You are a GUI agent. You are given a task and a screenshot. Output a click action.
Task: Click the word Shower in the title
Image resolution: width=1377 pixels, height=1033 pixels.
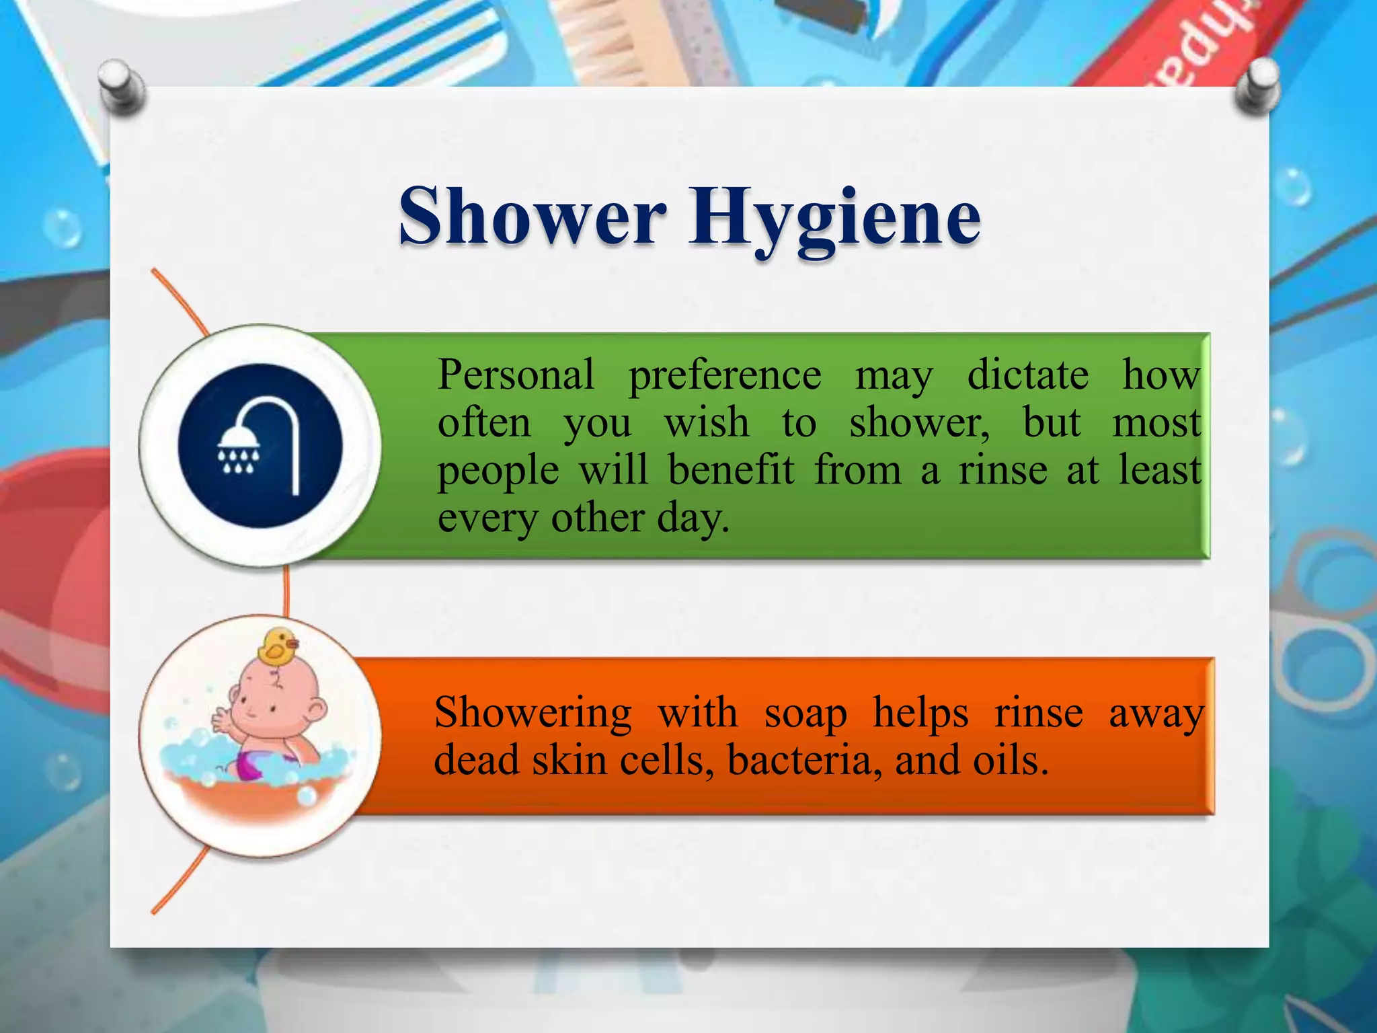click(533, 217)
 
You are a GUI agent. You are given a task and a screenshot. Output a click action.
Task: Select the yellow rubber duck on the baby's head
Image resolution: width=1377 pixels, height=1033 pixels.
click(276, 647)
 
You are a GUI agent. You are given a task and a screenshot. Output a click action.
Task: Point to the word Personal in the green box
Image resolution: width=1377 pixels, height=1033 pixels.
click(516, 375)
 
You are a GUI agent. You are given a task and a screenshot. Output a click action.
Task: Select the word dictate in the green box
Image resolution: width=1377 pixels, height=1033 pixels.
click(1027, 375)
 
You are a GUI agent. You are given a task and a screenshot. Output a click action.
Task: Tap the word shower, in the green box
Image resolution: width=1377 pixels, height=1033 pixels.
click(918, 424)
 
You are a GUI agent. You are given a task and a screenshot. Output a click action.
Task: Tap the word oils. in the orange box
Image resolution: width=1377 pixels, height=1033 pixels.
click(1010, 761)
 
